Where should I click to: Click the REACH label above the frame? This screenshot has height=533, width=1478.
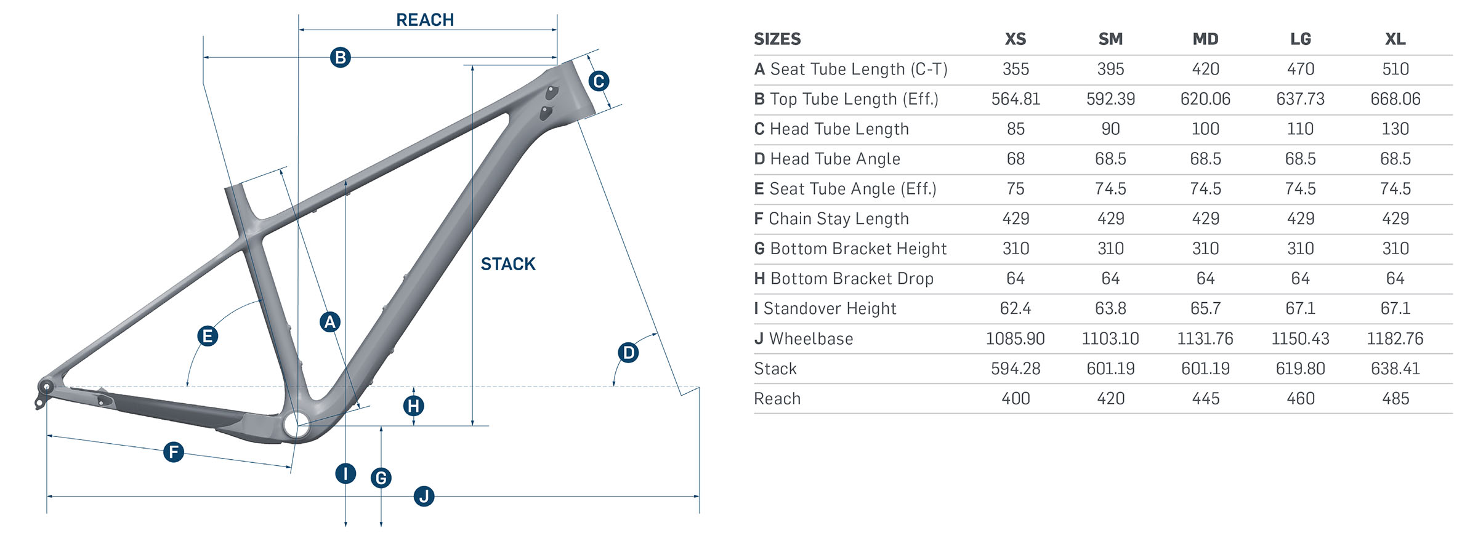[425, 20]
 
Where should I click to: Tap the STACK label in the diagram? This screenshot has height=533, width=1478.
[508, 264]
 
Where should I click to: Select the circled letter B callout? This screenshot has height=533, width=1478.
[340, 57]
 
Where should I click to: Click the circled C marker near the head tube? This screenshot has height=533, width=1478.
[599, 81]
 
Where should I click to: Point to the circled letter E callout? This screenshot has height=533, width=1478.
[208, 336]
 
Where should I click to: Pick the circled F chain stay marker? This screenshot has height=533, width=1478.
[174, 452]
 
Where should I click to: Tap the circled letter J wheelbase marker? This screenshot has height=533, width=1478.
[424, 496]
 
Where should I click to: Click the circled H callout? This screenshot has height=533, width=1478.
[413, 406]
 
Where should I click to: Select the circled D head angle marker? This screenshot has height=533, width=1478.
[628, 353]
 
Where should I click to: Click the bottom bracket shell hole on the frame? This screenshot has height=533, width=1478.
[296, 425]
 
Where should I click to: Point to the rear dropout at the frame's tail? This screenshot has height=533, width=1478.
[46, 387]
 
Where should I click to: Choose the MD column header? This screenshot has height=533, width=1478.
[1205, 39]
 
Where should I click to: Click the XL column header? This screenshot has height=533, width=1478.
[1395, 39]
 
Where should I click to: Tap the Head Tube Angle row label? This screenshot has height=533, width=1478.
[827, 159]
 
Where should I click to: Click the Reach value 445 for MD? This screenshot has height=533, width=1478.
[1205, 399]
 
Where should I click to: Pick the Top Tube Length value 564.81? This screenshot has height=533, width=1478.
[1016, 99]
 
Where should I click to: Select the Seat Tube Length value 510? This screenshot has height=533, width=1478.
[1395, 69]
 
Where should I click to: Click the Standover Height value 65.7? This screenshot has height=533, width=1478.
[1205, 308]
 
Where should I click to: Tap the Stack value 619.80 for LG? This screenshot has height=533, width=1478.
[1300, 369]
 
